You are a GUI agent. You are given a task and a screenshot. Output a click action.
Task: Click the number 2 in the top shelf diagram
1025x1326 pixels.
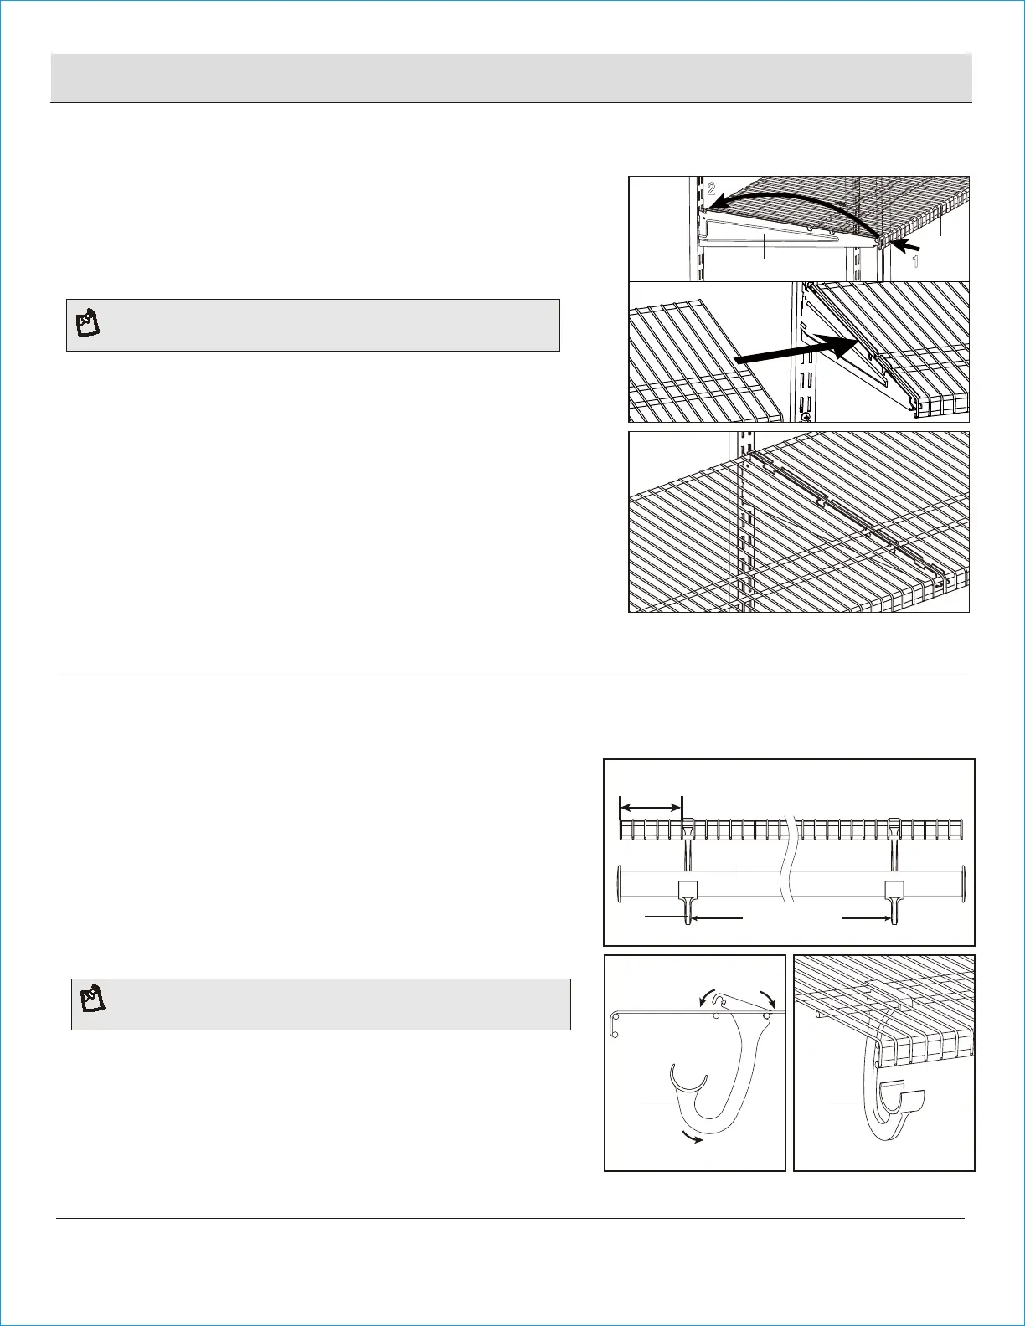click(x=712, y=189)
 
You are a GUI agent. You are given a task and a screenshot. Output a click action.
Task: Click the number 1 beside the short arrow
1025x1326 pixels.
click(x=915, y=261)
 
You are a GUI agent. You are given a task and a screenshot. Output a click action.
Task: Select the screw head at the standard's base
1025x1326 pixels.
click(x=806, y=416)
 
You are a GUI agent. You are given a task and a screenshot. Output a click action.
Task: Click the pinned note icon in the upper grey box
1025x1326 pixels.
click(x=88, y=323)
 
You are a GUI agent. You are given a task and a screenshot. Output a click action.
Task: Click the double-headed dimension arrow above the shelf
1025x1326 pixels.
click(x=651, y=807)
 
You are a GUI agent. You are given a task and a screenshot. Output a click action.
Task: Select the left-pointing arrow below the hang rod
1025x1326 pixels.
click(x=719, y=918)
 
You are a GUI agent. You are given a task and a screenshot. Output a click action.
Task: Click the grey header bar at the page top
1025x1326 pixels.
click(x=511, y=78)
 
